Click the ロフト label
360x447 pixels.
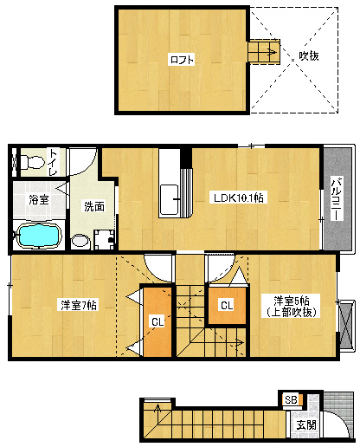tap(182, 60)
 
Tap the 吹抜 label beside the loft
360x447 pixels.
tap(309, 55)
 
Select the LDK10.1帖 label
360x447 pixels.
tap(238, 198)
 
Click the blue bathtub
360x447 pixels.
tap(40, 236)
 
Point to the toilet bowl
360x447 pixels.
tap(32, 162)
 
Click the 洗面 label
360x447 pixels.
tap(94, 206)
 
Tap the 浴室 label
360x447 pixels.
tap(39, 199)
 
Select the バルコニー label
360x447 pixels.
tap(337, 199)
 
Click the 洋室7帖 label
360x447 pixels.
tap(79, 305)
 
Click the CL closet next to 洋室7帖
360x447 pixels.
tap(157, 321)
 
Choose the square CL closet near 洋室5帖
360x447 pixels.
tap(227, 305)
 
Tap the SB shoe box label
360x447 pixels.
tap(291, 400)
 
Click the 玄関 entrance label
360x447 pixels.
tap(306, 424)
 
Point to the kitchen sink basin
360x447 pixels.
tap(169, 199)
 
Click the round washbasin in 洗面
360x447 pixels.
tap(80, 241)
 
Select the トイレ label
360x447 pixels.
tap(54, 162)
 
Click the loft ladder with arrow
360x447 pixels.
tap(264, 52)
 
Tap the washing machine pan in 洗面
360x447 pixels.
tap(105, 239)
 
